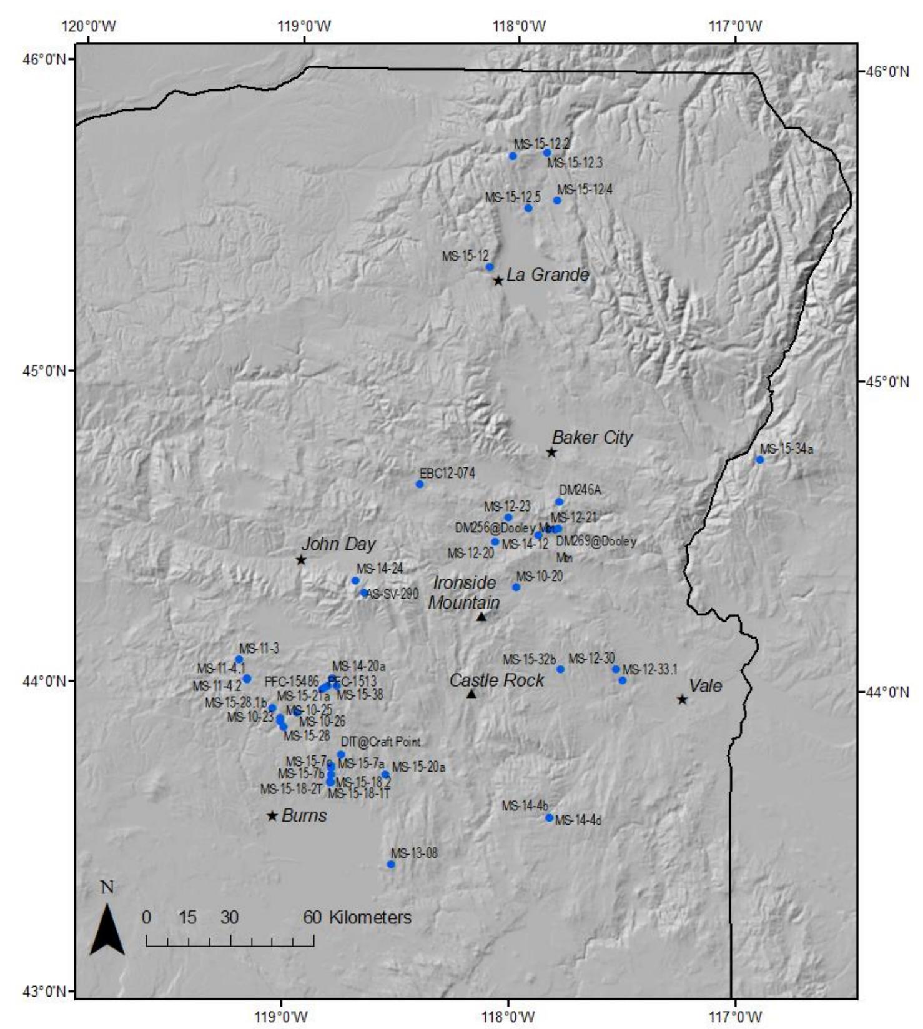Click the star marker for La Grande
[x=498, y=281]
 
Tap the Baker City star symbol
[x=551, y=452]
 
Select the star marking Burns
[x=272, y=815]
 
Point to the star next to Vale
[x=683, y=699]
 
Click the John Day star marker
[x=301, y=560]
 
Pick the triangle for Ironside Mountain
[x=481, y=617]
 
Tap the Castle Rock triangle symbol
[x=471, y=694]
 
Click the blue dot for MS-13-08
[x=391, y=865]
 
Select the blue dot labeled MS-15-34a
[x=760, y=460]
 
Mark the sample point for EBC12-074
[x=420, y=484]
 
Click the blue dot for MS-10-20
[x=516, y=587]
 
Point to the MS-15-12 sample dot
[x=490, y=267]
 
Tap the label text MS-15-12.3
[x=575, y=163]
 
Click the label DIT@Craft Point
[x=380, y=742]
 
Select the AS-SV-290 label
[x=393, y=594]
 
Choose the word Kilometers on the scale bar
[x=370, y=917]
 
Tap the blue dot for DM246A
[x=560, y=502]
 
